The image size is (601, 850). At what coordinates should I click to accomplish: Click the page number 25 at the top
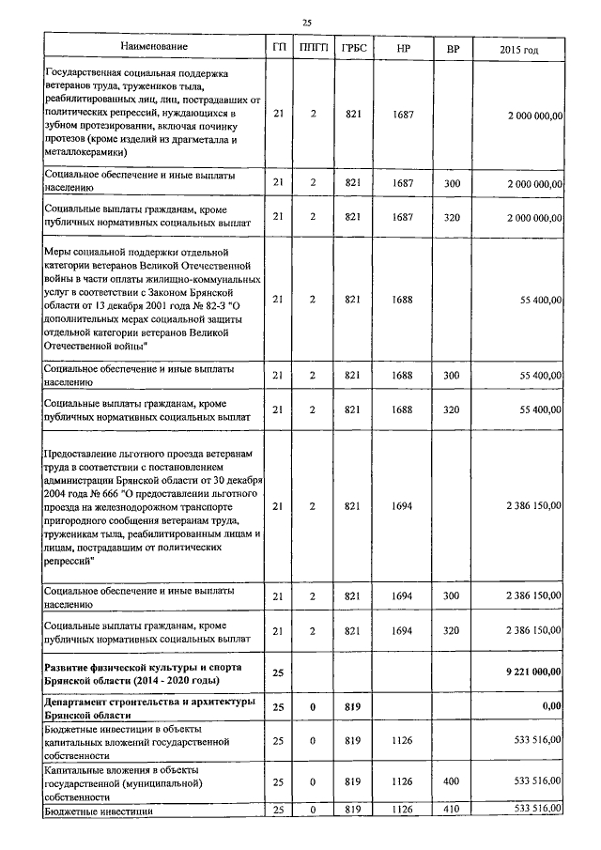pyautogui.click(x=306, y=22)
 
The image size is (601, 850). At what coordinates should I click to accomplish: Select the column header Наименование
pyautogui.click(x=154, y=47)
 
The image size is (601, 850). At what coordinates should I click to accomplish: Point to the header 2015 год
pyautogui.click(x=519, y=47)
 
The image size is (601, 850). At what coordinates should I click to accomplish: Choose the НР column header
pyautogui.click(x=403, y=47)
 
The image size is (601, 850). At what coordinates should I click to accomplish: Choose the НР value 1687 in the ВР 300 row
pyautogui.click(x=403, y=182)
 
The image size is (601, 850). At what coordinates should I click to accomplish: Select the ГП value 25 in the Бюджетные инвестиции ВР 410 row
pyautogui.click(x=277, y=808)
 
